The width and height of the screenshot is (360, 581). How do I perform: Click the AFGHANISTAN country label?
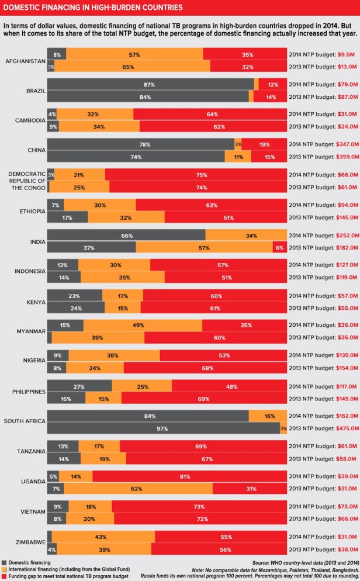click(x=25, y=60)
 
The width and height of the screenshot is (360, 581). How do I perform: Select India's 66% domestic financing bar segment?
click(x=126, y=236)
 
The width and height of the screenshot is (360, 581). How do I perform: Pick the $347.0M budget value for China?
click(x=342, y=144)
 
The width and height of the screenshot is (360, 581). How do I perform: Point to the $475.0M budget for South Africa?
click(x=342, y=428)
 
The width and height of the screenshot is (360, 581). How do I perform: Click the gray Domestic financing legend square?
click(x=4, y=562)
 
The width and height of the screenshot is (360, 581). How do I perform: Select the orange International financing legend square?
click(x=4, y=569)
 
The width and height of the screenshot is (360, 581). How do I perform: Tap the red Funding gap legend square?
click(x=4, y=575)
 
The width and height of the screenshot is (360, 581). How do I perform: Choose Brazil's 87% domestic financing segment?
click(x=150, y=84)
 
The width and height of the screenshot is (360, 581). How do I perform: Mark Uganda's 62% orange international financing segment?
click(x=134, y=489)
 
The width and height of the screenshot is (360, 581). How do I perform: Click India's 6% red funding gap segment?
click(x=280, y=247)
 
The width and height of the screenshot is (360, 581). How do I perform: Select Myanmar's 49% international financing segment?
click(x=143, y=326)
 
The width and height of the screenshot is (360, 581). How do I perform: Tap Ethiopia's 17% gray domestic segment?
click(x=67, y=217)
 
